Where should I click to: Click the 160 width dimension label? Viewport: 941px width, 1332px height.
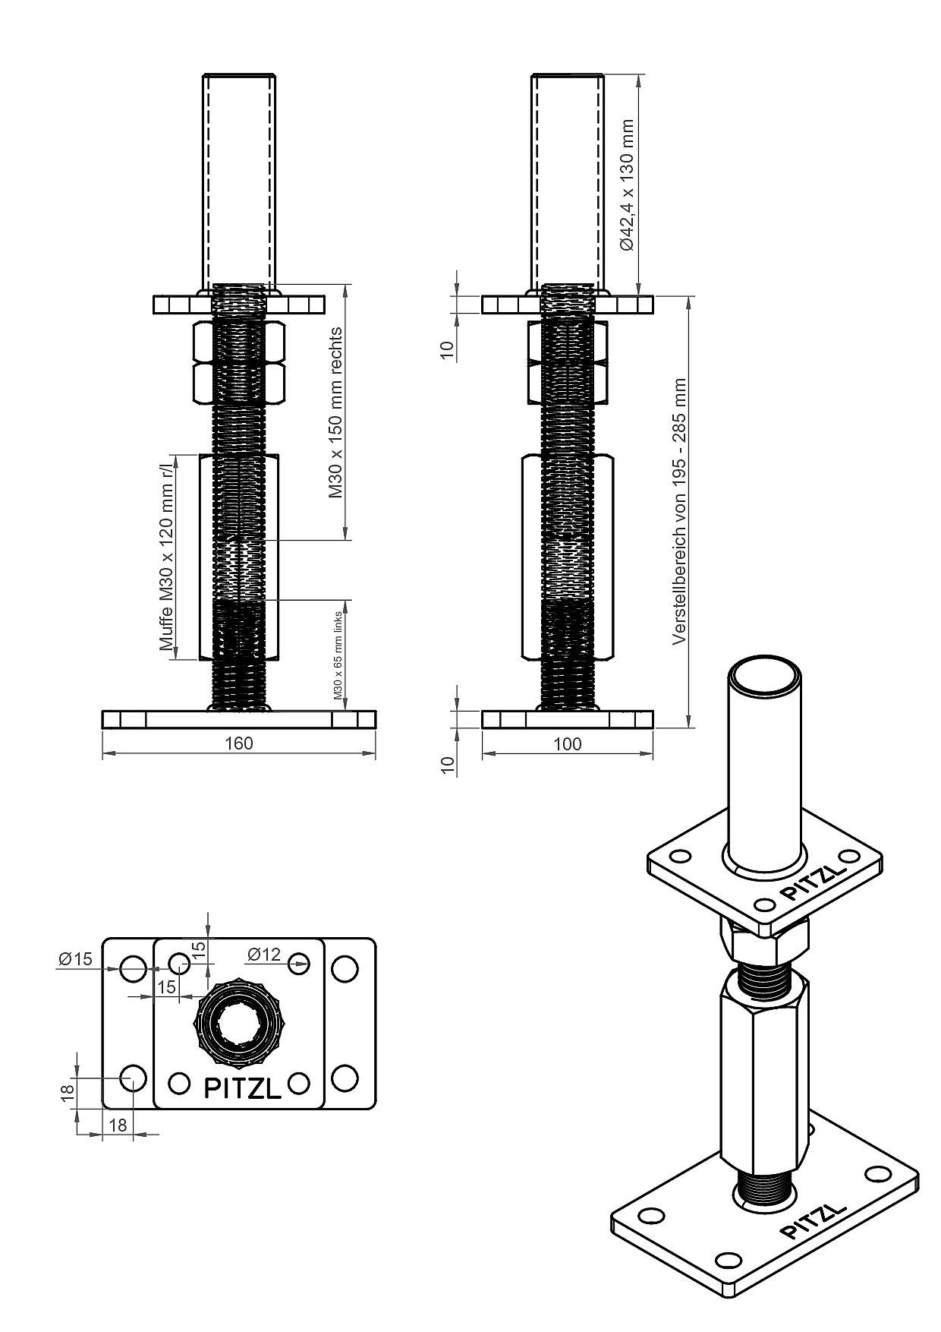239,743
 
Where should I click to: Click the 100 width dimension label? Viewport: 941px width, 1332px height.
568,743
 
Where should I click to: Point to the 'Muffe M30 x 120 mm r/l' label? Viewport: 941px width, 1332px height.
167,556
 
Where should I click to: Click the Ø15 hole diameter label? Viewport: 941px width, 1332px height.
74,959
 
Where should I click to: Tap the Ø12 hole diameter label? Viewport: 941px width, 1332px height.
263,955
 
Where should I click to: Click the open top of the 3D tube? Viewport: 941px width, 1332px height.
765,675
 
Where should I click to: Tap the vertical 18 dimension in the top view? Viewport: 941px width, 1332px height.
68,1092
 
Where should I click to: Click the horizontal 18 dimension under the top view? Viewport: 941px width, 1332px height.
118,1125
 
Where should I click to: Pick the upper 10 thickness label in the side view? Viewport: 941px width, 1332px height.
448,349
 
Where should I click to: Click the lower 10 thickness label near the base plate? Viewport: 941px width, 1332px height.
448,765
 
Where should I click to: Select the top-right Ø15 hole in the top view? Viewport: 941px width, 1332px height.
345,968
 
